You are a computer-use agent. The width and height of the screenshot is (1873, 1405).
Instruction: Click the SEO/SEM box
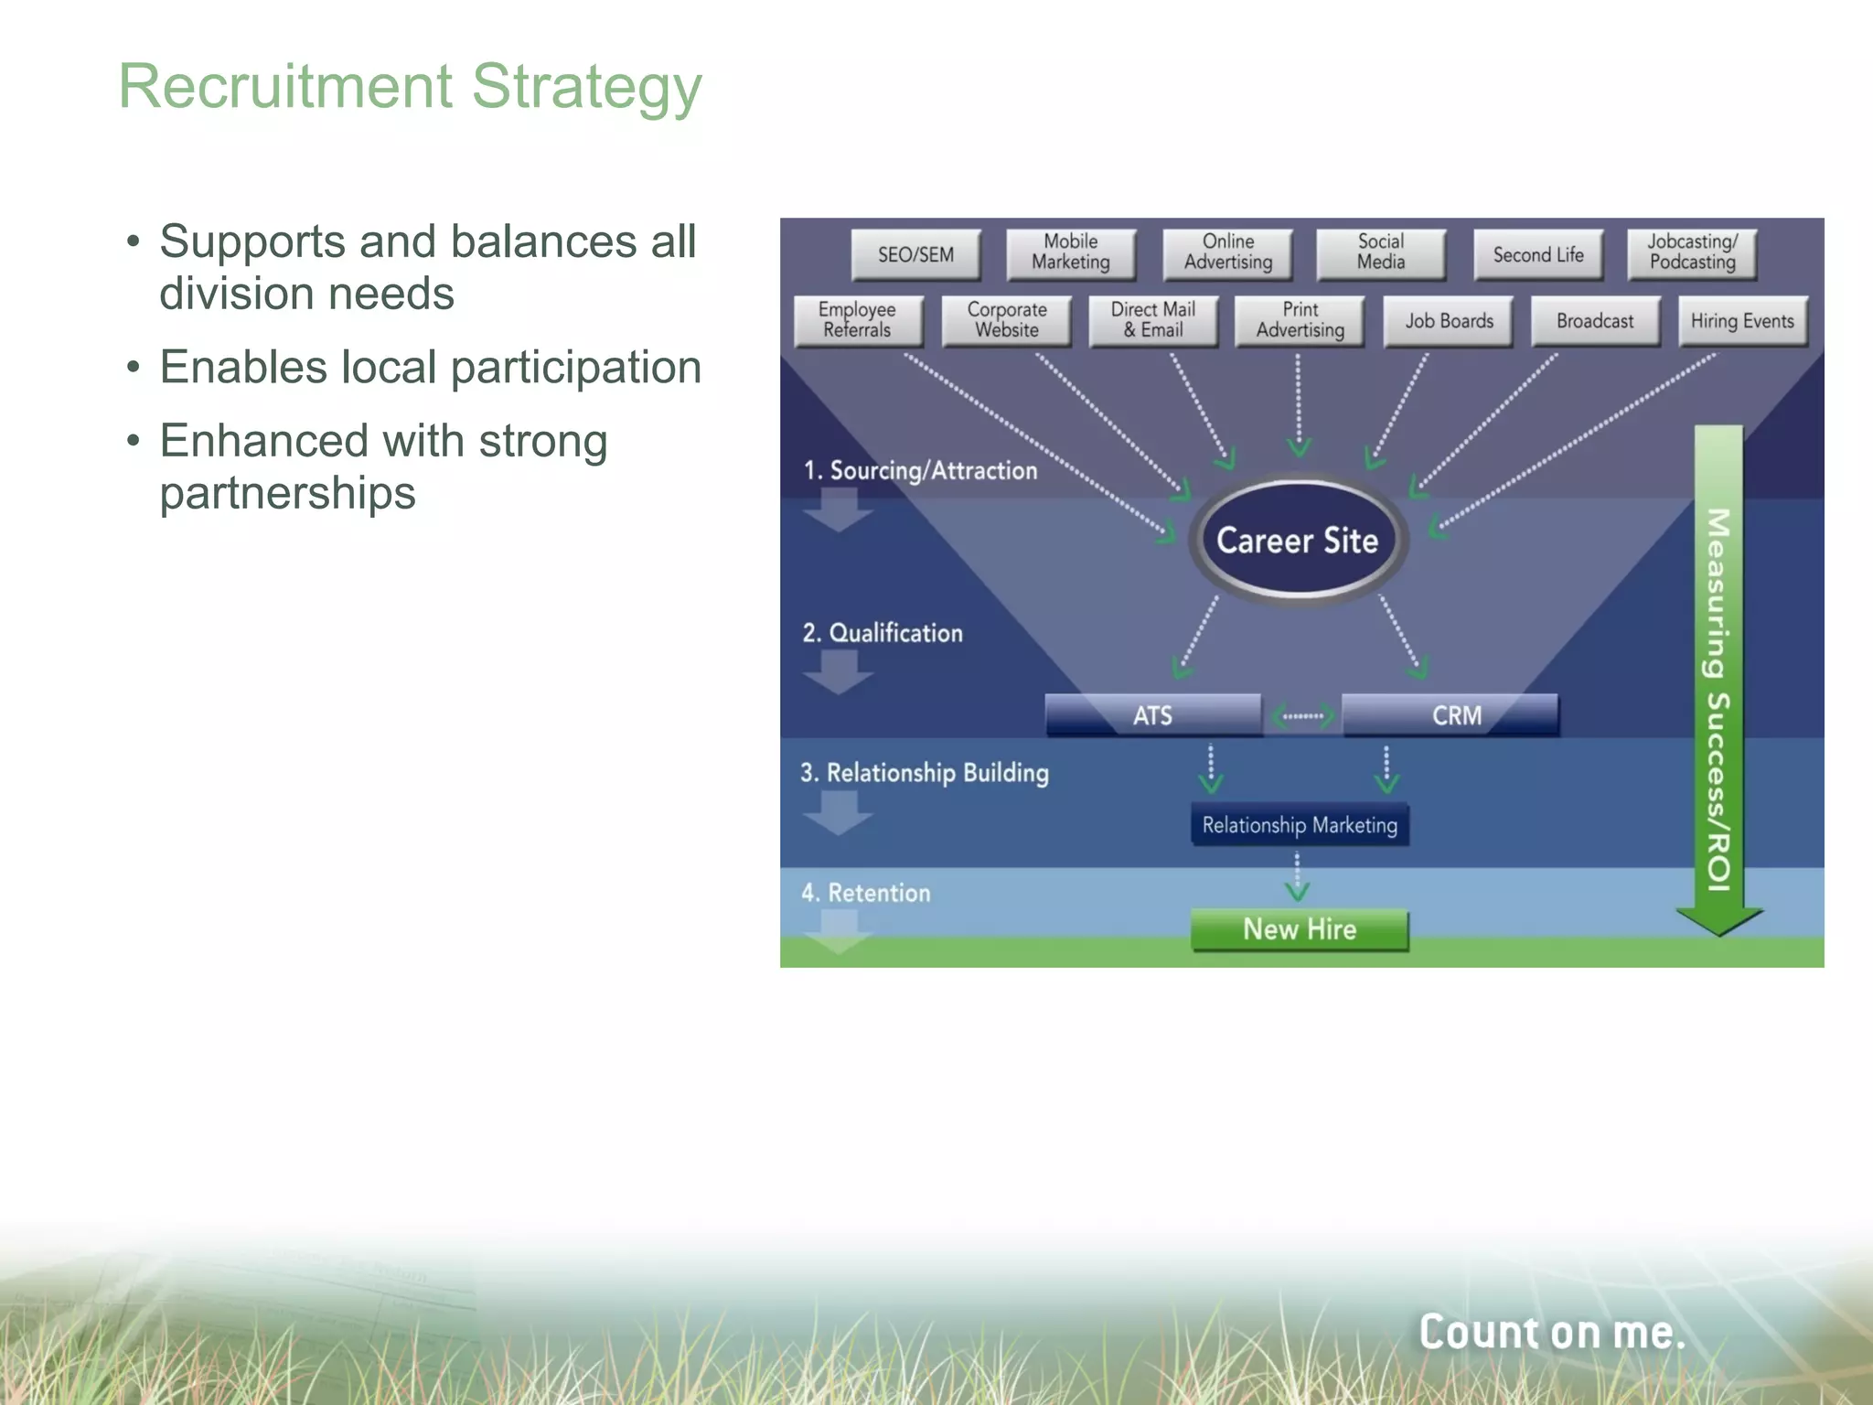[915, 254]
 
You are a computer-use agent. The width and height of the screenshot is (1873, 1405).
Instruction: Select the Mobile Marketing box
[1071, 252]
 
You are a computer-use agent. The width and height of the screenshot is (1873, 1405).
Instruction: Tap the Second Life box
[1538, 254]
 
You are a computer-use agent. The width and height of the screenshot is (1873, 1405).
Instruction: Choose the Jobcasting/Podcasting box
[1692, 252]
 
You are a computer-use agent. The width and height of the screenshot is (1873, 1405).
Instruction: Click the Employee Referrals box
[858, 320]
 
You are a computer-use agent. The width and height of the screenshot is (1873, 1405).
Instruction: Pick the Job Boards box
[1449, 321]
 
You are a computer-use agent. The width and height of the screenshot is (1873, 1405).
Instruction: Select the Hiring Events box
[1742, 321]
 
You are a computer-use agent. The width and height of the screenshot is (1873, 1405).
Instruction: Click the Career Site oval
[1297, 541]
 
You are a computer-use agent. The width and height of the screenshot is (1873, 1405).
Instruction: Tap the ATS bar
[1152, 715]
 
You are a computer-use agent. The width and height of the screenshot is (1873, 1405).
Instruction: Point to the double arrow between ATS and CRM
[1302, 716]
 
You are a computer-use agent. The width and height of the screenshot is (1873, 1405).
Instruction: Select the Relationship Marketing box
[1300, 825]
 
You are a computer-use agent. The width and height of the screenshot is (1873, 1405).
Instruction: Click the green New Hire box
[1300, 929]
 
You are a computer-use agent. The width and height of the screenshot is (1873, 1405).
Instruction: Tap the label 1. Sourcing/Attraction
[920, 470]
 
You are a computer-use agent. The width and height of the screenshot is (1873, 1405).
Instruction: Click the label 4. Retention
[866, 893]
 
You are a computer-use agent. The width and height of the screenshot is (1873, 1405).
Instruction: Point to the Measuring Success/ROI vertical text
[1718, 700]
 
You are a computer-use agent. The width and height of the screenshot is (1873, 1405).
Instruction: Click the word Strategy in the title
[586, 88]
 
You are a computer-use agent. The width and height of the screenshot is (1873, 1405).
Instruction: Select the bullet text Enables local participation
[430, 368]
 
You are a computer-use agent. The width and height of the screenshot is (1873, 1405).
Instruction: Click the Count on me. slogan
[1551, 1332]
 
